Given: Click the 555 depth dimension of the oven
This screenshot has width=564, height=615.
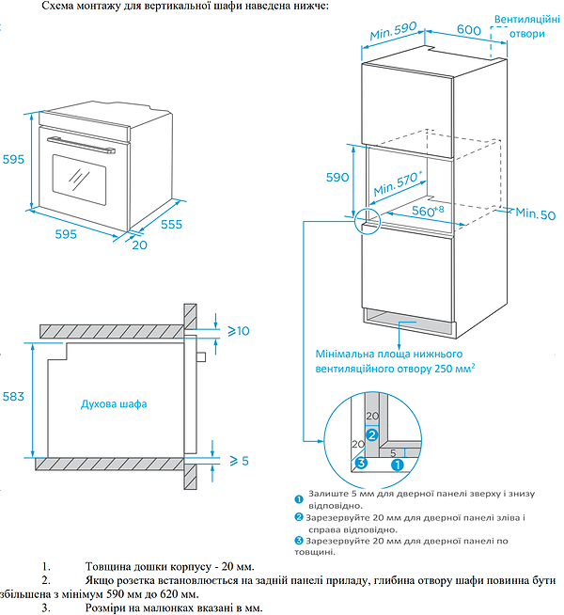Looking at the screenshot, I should [x=169, y=224].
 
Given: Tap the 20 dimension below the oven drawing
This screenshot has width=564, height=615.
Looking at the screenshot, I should [x=139, y=245].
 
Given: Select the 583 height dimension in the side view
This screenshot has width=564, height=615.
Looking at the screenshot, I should [x=12, y=399].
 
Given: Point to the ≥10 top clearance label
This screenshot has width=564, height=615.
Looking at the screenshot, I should [x=239, y=331].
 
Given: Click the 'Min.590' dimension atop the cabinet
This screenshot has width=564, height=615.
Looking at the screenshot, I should [x=393, y=31].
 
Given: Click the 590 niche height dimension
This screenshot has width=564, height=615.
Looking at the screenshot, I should [x=337, y=177].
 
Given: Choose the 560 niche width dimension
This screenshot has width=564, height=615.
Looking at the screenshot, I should [x=427, y=211].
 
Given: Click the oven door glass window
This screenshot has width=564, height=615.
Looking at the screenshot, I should [x=78, y=176].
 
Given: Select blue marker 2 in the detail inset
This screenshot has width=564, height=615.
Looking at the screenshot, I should [x=371, y=434].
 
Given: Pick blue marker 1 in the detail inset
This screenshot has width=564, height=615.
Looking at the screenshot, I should [x=397, y=464].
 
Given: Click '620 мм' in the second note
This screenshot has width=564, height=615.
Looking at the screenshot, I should [x=180, y=595].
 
